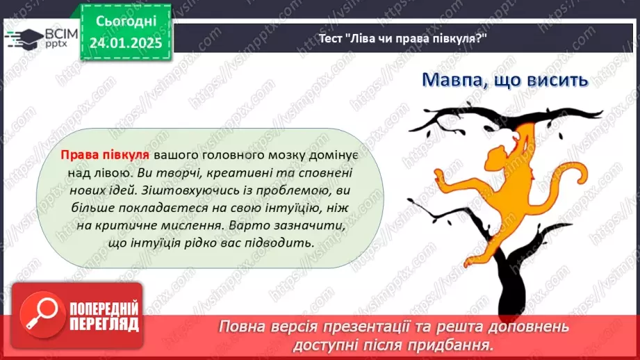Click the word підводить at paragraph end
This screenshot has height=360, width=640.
(x=283, y=243)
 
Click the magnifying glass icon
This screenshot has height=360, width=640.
(x=38, y=317)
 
